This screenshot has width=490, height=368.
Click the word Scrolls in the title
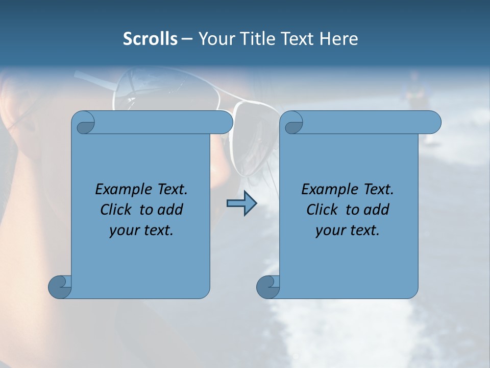(150, 39)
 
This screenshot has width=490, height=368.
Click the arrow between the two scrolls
(241, 203)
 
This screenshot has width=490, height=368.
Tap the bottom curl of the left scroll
(59, 286)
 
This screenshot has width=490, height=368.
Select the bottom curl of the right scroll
(267, 286)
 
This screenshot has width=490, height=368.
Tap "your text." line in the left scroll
(141, 230)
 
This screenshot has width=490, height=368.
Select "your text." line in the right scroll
(348, 230)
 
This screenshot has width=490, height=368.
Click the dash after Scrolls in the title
(187, 39)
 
